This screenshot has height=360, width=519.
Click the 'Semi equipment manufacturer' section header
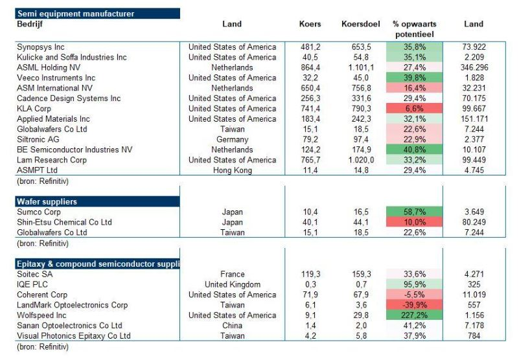[97, 14]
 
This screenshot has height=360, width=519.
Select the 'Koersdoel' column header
[360, 24]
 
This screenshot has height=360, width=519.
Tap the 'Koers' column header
[310, 24]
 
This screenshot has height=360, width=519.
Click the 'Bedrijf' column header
[30, 24]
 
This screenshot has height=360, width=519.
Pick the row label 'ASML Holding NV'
[49, 67]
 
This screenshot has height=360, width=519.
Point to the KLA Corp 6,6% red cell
[415, 109]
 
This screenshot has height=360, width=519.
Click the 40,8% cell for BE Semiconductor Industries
[415, 150]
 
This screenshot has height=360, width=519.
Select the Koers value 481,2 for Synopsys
[310, 47]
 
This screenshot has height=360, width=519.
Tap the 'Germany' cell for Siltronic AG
[233, 139]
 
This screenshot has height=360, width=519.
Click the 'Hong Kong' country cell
[233, 170]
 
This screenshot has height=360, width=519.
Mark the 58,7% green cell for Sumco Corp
[415, 212]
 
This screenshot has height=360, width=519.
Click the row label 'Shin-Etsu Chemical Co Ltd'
[64, 222]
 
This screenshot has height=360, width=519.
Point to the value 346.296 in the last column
[474, 67]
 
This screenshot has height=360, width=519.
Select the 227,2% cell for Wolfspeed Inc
[415, 315]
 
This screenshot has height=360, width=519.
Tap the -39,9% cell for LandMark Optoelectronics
[415, 305]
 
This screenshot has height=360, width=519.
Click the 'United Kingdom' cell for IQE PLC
[233, 284]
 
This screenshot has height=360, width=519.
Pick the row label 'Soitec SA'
[35, 274]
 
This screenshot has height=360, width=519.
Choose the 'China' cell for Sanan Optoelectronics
[233, 325]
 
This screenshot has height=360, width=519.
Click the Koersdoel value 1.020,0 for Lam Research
[361, 160]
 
